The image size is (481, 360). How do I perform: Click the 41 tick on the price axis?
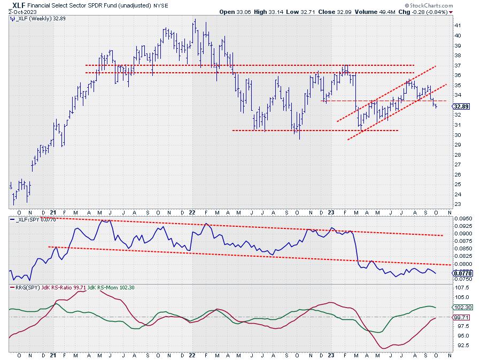(457, 26)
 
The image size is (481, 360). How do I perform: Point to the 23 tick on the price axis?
(457, 204)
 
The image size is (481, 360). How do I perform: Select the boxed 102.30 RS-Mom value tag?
(462, 308)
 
